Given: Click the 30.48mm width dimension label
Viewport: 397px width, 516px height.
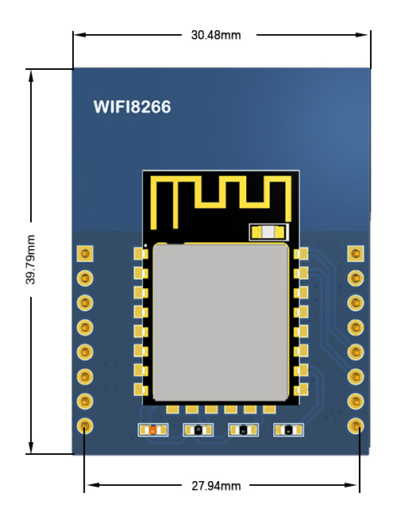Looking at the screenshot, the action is tap(216, 35).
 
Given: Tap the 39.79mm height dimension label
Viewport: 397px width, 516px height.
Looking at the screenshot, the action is tap(31, 260).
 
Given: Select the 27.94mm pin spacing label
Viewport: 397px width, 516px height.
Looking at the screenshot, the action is tap(216, 486).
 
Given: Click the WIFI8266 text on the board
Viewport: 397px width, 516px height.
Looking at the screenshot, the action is tap(133, 107).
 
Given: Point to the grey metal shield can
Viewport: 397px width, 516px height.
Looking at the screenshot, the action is tap(221, 322).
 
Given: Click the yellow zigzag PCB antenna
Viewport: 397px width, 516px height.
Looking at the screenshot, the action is tap(222, 202).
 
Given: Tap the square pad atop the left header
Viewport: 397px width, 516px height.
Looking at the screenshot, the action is tap(85, 254).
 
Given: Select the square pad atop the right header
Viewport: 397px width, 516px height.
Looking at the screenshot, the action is tap(356, 254).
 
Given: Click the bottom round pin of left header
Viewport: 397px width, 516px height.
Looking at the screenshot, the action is tap(85, 426).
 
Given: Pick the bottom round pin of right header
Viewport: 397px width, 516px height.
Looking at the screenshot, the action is tap(356, 426).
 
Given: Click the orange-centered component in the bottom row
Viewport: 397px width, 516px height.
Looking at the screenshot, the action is tap(153, 429).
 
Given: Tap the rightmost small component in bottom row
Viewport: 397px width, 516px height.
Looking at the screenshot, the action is tap(289, 429).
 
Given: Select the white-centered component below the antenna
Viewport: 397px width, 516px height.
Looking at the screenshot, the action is tap(269, 233).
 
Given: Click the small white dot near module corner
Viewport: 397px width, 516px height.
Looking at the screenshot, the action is tap(146, 245).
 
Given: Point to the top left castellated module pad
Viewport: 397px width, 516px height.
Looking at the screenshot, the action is tap(141, 254).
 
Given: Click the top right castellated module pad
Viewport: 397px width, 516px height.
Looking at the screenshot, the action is tap(301, 254).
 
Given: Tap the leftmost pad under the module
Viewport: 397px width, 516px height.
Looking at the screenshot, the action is tap(172, 410).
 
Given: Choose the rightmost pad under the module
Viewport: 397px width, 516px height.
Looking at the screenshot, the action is tap(270, 410).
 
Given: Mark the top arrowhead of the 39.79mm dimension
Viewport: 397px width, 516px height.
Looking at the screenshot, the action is tap(31, 75).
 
